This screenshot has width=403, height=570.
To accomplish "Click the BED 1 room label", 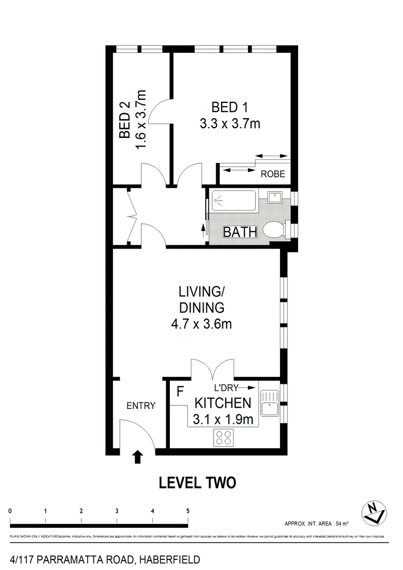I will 229,108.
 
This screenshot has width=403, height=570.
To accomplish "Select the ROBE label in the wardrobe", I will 273,174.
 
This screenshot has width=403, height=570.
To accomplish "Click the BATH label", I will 240,232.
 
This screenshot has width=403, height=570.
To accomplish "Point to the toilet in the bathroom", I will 275,230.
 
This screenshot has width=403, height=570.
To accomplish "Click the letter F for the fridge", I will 179,392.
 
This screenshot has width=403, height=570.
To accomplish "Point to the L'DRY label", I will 222,387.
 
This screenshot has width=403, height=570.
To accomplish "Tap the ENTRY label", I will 141,406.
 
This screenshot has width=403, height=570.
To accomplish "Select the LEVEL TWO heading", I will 197,482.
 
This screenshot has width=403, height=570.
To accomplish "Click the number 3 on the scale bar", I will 117,511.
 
